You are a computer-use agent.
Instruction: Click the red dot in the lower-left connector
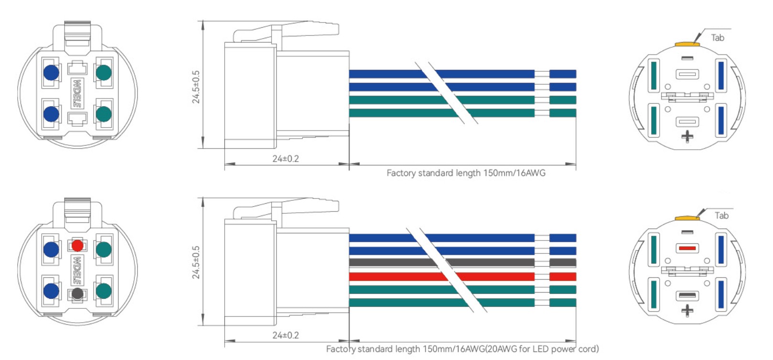pos(77,246)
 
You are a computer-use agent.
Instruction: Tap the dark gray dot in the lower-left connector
pos(77,294)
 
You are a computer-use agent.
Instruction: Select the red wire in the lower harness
pos(462,276)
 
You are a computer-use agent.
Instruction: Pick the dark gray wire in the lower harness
pos(462,262)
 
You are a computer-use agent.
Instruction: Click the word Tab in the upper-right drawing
pos(718,38)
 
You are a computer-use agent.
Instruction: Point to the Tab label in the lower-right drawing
pos(721,216)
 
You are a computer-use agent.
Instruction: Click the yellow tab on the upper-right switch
pos(687,44)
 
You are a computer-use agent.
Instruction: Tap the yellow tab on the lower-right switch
pos(687,218)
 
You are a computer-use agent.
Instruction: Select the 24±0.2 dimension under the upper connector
pos(285,159)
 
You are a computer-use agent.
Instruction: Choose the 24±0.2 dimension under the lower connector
pos(285,335)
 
